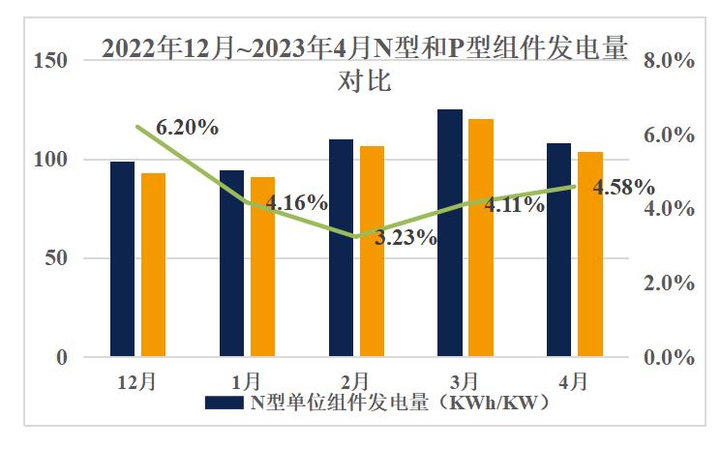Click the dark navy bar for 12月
coord(122,259)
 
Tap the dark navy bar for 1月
coord(231,263)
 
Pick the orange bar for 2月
coord(373,252)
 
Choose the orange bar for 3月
coord(481,238)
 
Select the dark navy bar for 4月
coord(559,250)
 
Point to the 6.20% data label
coord(187,127)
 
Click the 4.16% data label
coord(297,202)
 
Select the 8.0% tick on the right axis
coord(669,60)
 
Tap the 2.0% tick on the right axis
coord(669,284)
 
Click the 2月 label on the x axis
coord(356,380)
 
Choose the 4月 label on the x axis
coord(574,380)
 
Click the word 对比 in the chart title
coord(363,81)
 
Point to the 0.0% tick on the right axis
coord(669,358)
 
